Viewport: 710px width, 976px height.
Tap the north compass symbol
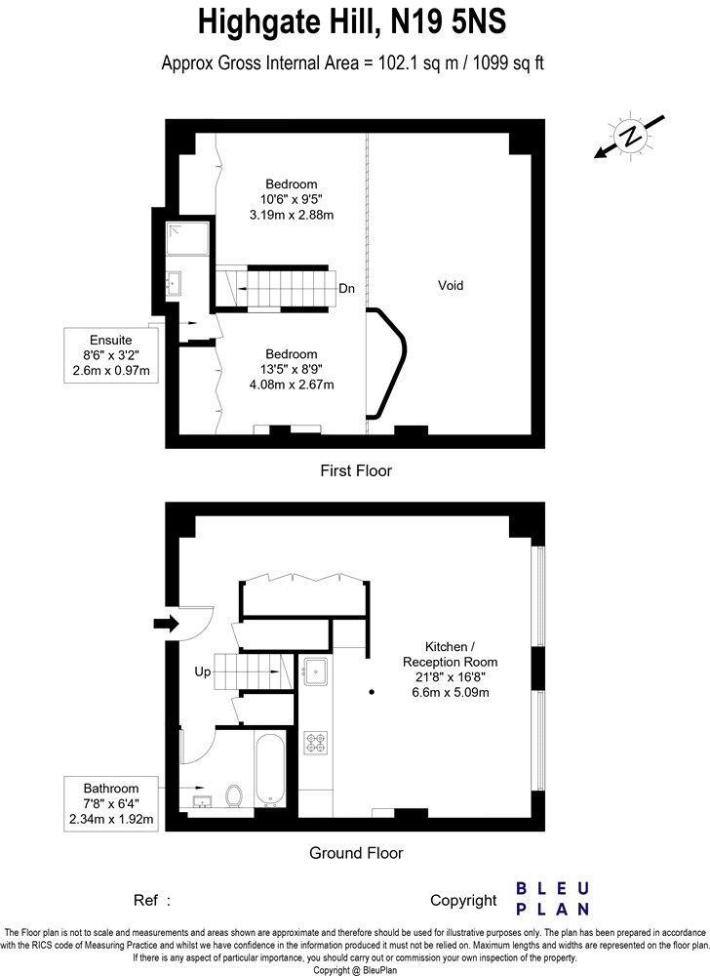[x=631, y=138]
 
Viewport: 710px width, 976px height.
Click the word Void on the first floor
[x=450, y=286]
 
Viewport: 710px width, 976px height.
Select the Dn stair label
[x=346, y=289]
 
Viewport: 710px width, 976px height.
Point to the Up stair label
[x=203, y=671]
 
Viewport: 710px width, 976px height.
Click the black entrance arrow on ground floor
[x=167, y=623]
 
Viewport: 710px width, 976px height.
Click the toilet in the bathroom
[x=233, y=796]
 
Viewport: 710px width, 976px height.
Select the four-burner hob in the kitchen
[x=316, y=745]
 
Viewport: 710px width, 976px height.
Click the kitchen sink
[x=316, y=671]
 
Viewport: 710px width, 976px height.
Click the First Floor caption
[x=356, y=471]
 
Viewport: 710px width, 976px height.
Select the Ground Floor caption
[x=356, y=853]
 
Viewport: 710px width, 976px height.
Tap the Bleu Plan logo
[x=552, y=898]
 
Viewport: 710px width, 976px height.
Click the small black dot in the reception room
[x=371, y=691]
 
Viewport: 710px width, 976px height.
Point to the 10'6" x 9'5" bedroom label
[x=293, y=199]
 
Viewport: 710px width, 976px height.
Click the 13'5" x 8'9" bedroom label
[x=293, y=369]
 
